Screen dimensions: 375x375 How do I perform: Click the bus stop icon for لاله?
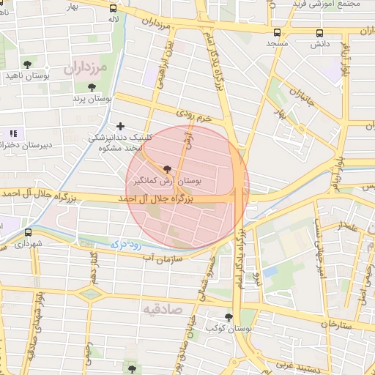[x=113, y=10]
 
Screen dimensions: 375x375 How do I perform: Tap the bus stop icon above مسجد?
[x=277, y=33]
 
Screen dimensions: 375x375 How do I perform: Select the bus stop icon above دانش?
[x=319, y=33]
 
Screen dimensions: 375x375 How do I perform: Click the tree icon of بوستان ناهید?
[x=28, y=64]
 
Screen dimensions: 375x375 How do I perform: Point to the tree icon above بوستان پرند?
[x=91, y=87]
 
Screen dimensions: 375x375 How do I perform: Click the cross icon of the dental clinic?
[x=121, y=126]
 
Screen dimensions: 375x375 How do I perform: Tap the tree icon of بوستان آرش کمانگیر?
[x=168, y=168]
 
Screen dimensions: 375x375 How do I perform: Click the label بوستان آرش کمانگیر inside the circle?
[x=169, y=179]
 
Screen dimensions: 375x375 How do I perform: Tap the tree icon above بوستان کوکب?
[x=229, y=317]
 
